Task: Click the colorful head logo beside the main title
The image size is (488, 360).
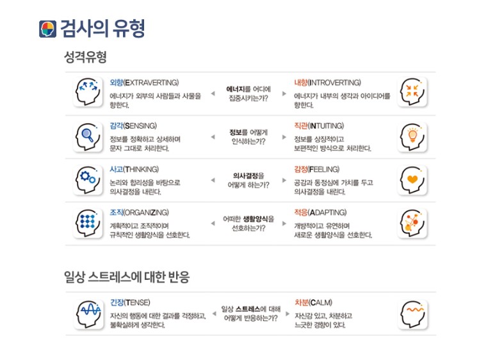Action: (47, 29)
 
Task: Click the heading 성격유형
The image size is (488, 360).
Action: (85, 57)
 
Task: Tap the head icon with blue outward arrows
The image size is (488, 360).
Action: (88, 92)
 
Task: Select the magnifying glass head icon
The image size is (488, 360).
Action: (88, 137)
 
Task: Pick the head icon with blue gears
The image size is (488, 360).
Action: (88, 180)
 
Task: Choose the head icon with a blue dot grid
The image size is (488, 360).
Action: (88, 224)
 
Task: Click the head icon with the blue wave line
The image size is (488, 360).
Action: (89, 315)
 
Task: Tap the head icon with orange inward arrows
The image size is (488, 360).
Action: (412, 92)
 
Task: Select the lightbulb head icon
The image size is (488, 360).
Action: (412, 137)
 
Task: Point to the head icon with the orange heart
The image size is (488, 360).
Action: (412, 180)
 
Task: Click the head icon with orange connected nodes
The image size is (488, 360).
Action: (412, 224)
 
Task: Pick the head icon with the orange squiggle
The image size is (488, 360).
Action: (412, 315)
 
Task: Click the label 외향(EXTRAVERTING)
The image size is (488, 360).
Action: (144, 83)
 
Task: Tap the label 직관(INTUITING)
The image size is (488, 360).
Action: (319, 126)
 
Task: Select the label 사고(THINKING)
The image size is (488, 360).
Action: (134, 169)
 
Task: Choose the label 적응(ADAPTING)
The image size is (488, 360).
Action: (320, 213)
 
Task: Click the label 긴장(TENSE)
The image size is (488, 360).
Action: (130, 302)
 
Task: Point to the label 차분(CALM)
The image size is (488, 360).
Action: (313, 302)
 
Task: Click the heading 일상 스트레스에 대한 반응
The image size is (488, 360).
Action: (127, 277)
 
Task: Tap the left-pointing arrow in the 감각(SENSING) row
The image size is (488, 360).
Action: (213, 136)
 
